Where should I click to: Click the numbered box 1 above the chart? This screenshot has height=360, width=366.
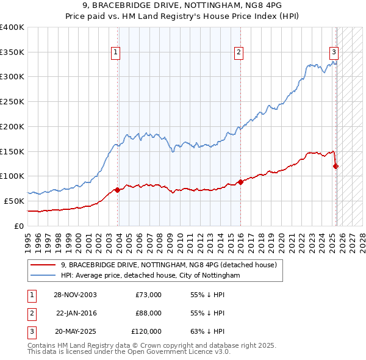(x=116, y=52)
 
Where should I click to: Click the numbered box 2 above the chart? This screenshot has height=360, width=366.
(x=239, y=52)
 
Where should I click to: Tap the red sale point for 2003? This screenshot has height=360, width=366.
(x=118, y=189)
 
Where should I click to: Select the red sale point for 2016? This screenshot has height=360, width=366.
(x=241, y=181)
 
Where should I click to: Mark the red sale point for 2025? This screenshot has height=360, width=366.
(x=336, y=165)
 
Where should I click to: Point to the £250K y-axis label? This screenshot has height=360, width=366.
(x=12, y=101)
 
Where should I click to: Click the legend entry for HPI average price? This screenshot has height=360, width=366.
(x=150, y=276)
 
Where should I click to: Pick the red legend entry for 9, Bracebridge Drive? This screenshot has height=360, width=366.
(x=169, y=265)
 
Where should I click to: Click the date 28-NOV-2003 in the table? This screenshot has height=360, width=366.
(x=75, y=295)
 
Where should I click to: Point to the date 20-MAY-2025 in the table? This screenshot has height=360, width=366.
(x=76, y=331)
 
